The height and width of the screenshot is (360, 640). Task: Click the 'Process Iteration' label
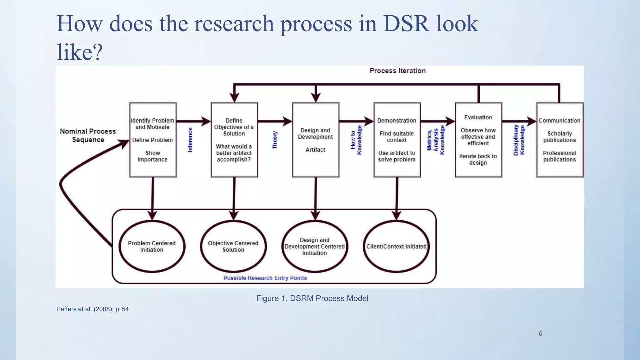397,71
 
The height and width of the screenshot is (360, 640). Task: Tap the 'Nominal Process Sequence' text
88,135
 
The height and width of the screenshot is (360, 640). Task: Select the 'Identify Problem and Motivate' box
153,140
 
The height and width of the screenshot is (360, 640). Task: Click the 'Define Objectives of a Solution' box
234,140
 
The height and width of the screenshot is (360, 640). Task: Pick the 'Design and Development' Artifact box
316,140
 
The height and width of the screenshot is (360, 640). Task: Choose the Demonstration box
397,140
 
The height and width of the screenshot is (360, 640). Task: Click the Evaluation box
478,140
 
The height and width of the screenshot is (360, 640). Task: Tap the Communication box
560,140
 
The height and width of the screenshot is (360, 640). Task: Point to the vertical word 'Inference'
190,140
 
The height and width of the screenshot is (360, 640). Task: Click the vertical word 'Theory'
275,140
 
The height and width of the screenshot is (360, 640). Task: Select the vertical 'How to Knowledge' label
356,140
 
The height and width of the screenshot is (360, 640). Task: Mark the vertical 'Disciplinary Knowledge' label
519,140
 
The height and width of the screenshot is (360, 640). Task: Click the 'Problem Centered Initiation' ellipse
152,246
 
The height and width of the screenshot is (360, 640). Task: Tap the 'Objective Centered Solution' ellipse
233,246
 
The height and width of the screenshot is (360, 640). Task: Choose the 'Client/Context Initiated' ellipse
396,246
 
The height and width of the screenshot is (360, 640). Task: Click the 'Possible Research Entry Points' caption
265,278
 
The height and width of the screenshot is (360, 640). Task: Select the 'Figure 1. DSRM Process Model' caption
312,298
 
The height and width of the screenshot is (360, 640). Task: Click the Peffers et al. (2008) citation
92,309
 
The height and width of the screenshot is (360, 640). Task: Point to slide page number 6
540,333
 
